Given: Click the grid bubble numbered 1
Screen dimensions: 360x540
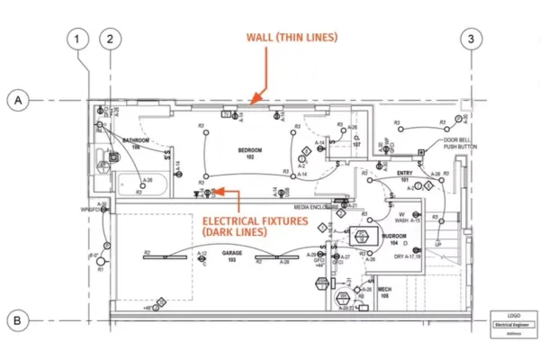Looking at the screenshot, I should (x=79, y=39).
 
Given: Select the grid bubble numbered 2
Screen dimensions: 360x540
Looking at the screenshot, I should (x=110, y=39).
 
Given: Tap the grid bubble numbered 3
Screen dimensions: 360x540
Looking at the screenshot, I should (x=472, y=39).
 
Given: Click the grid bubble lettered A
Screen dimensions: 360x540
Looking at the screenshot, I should (x=16, y=101).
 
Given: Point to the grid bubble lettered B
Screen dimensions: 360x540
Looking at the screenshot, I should (x=16, y=319).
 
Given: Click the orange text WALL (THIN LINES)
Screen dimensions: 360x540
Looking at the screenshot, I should (x=292, y=38).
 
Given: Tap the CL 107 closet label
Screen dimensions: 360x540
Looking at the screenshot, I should (x=355, y=141).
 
